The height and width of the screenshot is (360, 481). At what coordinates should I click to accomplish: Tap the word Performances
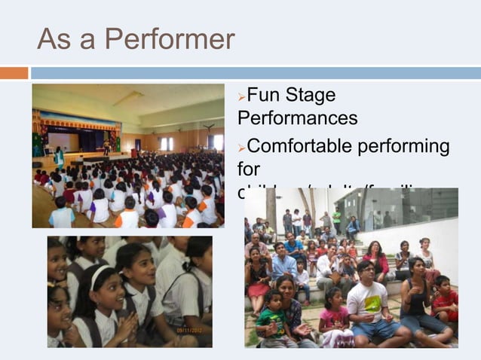(297, 118)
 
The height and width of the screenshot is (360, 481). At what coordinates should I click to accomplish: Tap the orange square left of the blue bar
(14, 73)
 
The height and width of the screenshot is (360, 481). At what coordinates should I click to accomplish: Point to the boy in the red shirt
(446, 301)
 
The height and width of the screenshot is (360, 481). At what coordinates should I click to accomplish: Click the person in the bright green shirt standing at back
(337, 221)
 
